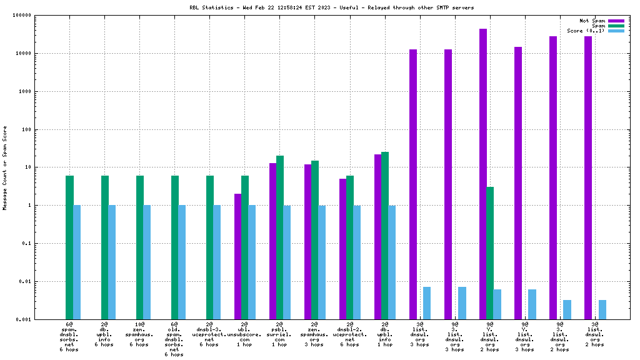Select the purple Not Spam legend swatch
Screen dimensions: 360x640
[616, 21]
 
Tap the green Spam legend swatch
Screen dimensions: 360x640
[616, 26]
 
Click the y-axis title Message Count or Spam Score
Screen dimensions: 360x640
[5, 167]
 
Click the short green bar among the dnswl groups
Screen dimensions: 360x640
[490, 252]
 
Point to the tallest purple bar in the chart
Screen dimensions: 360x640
[483, 174]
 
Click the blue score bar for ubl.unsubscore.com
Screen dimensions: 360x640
[252, 262]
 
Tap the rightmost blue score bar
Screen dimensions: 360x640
[602, 309]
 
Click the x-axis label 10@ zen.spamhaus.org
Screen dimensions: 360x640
[139, 334]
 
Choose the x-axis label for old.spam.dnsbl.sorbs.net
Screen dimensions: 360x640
[174, 339]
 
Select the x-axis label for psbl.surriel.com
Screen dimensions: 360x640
[279, 334]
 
